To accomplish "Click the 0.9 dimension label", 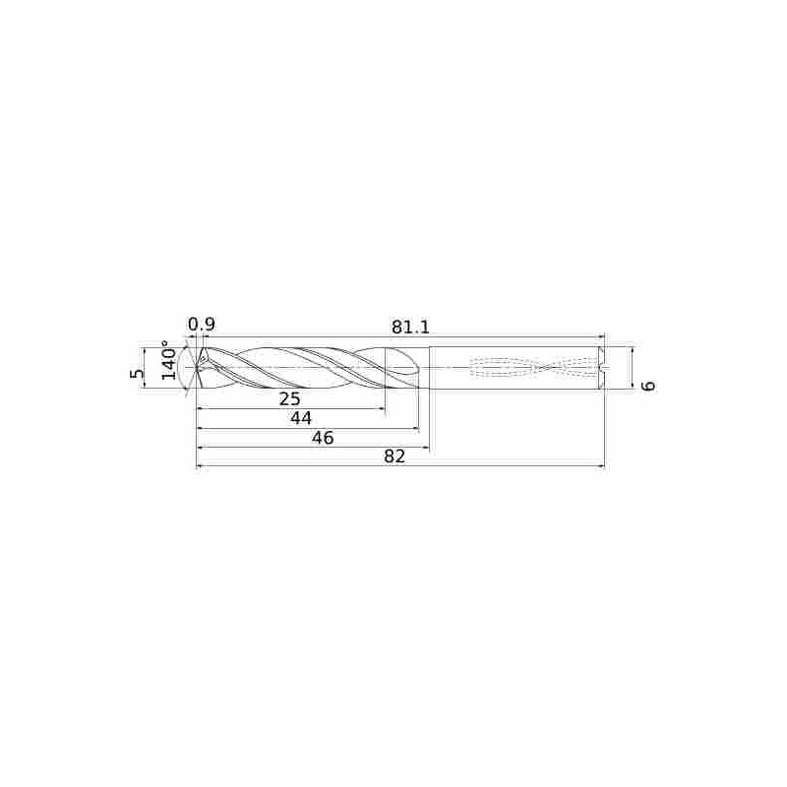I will coord(202,324).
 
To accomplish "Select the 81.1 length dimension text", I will coord(411,326).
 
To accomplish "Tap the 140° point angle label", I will coord(169,362).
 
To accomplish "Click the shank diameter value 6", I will coord(647,385).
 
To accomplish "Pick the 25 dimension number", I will coord(289,398).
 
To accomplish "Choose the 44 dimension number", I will coord(300,418).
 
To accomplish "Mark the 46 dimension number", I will coord(322,438).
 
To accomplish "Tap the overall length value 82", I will coord(394,456).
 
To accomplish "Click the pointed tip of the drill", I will coord(198,368).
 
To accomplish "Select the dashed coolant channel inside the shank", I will coord(531,368).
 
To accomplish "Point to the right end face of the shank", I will coord(604,368).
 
